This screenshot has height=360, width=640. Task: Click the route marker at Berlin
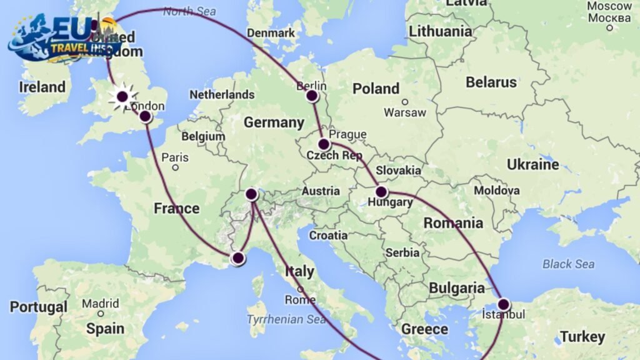click(312, 96)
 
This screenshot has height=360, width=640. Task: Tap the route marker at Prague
click(324, 144)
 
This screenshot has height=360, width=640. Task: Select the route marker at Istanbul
click(504, 304)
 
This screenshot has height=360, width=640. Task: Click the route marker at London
click(145, 116)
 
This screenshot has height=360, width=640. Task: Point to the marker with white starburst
click(122, 96)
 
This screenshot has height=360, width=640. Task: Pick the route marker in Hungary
click(381, 192)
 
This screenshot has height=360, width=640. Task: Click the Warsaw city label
click(405, 112)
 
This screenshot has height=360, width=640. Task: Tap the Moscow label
click(609, 6)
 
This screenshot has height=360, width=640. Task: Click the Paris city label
click(175, 157)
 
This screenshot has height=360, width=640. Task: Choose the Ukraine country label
click(533, 165)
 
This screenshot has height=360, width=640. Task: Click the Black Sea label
click(568, 264)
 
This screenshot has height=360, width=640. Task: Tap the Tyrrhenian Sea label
click(286, 319)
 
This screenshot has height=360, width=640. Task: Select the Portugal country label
click(38, 307)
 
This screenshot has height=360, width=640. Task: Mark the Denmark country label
click(271, 32)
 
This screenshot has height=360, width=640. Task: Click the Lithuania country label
click(440, 31)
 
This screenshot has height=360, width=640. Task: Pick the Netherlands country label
click(222, 94)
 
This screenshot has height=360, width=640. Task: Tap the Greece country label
click(424, 329)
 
